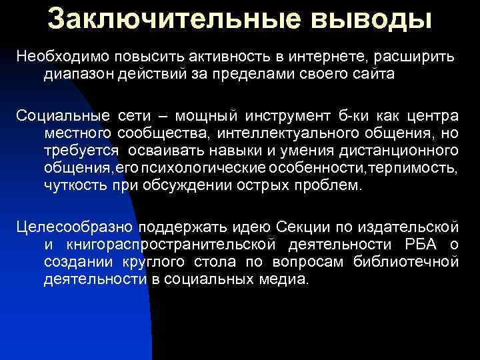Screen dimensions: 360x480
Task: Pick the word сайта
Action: [x=377, y=74]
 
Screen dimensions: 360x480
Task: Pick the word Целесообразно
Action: [x=75, y=229]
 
